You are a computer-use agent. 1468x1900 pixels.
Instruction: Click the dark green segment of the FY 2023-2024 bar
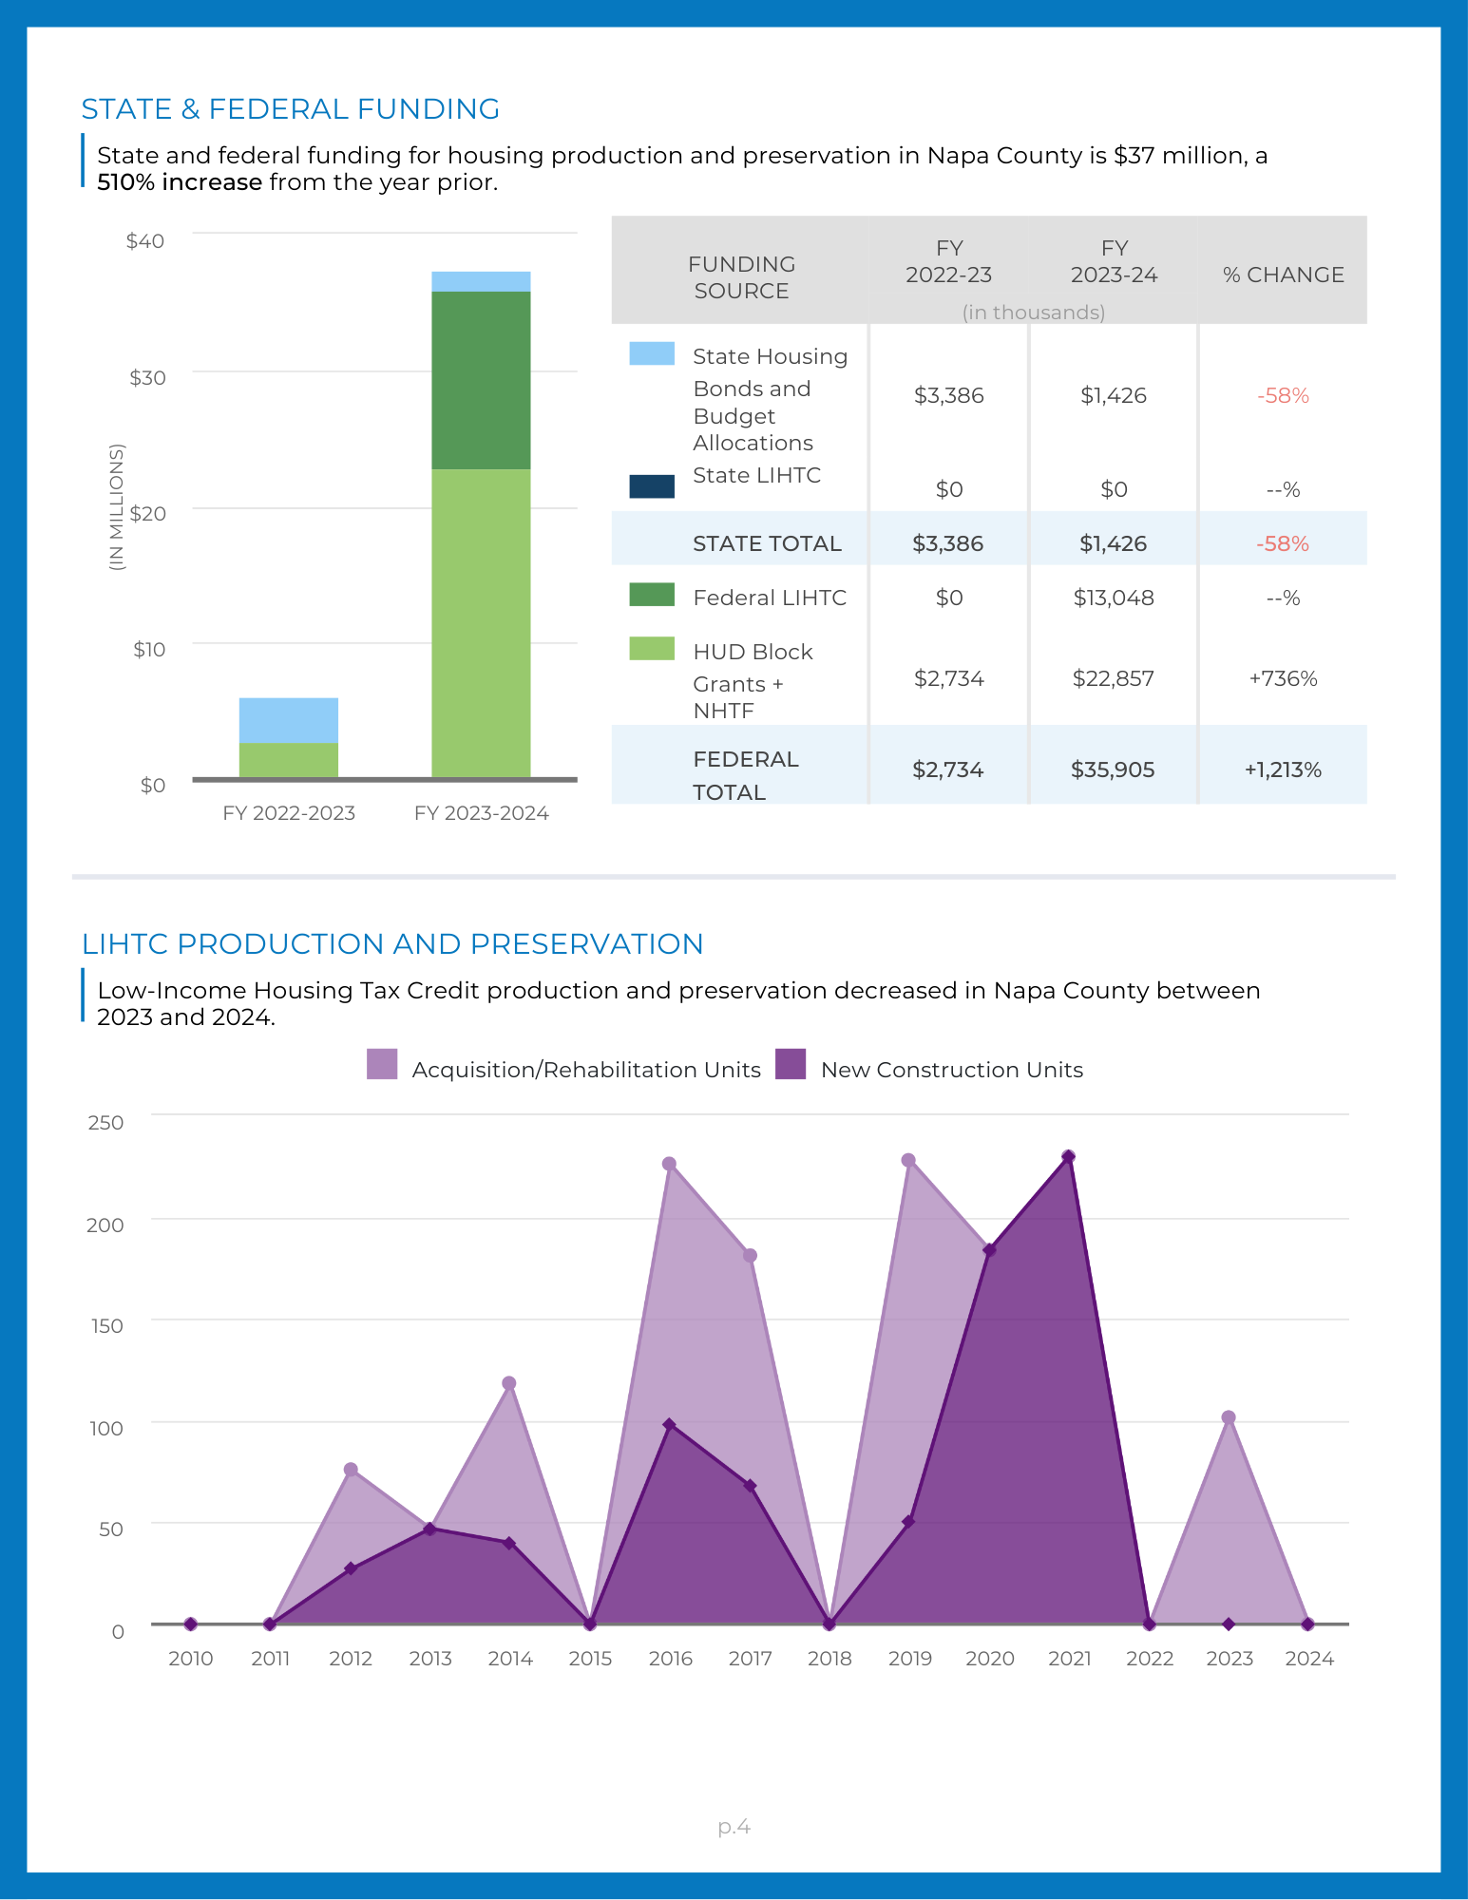coord(481,380)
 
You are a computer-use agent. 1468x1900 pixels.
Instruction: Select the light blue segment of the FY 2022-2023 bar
coord(288,720)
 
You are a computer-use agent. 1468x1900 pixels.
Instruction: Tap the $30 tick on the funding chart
coord(147,378)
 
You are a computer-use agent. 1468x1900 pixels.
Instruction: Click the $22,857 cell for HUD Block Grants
coord(1113,678)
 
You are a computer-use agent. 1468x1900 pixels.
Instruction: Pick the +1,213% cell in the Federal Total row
coord(1283,769)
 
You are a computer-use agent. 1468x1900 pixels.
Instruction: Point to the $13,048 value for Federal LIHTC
coord(1113,598)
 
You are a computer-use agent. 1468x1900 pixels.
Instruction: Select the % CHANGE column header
coord(1283,275)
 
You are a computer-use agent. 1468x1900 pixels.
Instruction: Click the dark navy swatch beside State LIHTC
coord(652,486)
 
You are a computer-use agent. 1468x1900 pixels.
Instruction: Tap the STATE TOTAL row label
coord(767,543)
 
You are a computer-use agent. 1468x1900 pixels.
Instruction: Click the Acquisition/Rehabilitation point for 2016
coord(669,1164)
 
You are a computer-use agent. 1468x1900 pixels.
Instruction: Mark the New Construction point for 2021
coord(1068,1156)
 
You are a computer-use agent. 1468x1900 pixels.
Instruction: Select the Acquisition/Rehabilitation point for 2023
coord(1229,1417)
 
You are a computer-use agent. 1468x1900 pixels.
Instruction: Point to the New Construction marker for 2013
coord(429,1529)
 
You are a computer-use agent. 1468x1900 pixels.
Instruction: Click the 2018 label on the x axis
coord(829,1659)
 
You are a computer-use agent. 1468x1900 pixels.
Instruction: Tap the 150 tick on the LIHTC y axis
coord(107,1326)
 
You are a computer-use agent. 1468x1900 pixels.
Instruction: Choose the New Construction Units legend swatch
coord(791,1064)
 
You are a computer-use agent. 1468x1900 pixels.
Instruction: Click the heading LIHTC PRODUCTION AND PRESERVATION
coord(392,943)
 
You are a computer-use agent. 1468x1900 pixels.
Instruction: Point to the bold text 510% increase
coord(180,182)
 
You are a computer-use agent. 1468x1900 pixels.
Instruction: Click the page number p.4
coord(734,1826)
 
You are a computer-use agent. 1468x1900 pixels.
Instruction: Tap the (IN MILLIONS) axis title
coord(117,506)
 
